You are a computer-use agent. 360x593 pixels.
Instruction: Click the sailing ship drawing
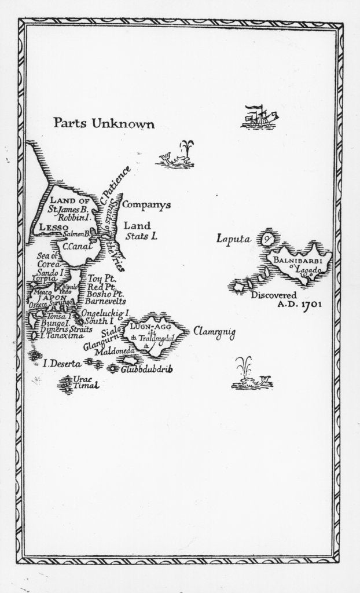(x=259, y=116)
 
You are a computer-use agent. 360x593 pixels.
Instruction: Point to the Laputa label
(x=232, y=237)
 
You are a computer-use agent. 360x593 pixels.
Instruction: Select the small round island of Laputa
(x=268, y=237)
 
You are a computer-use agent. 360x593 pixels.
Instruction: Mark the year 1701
(x=309, y=303)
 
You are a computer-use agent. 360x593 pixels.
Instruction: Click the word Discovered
(x=274, y=295)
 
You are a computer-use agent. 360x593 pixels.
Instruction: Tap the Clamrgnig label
(x=214, y=331)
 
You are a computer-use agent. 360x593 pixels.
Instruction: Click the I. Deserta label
(x=62, y=364)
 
